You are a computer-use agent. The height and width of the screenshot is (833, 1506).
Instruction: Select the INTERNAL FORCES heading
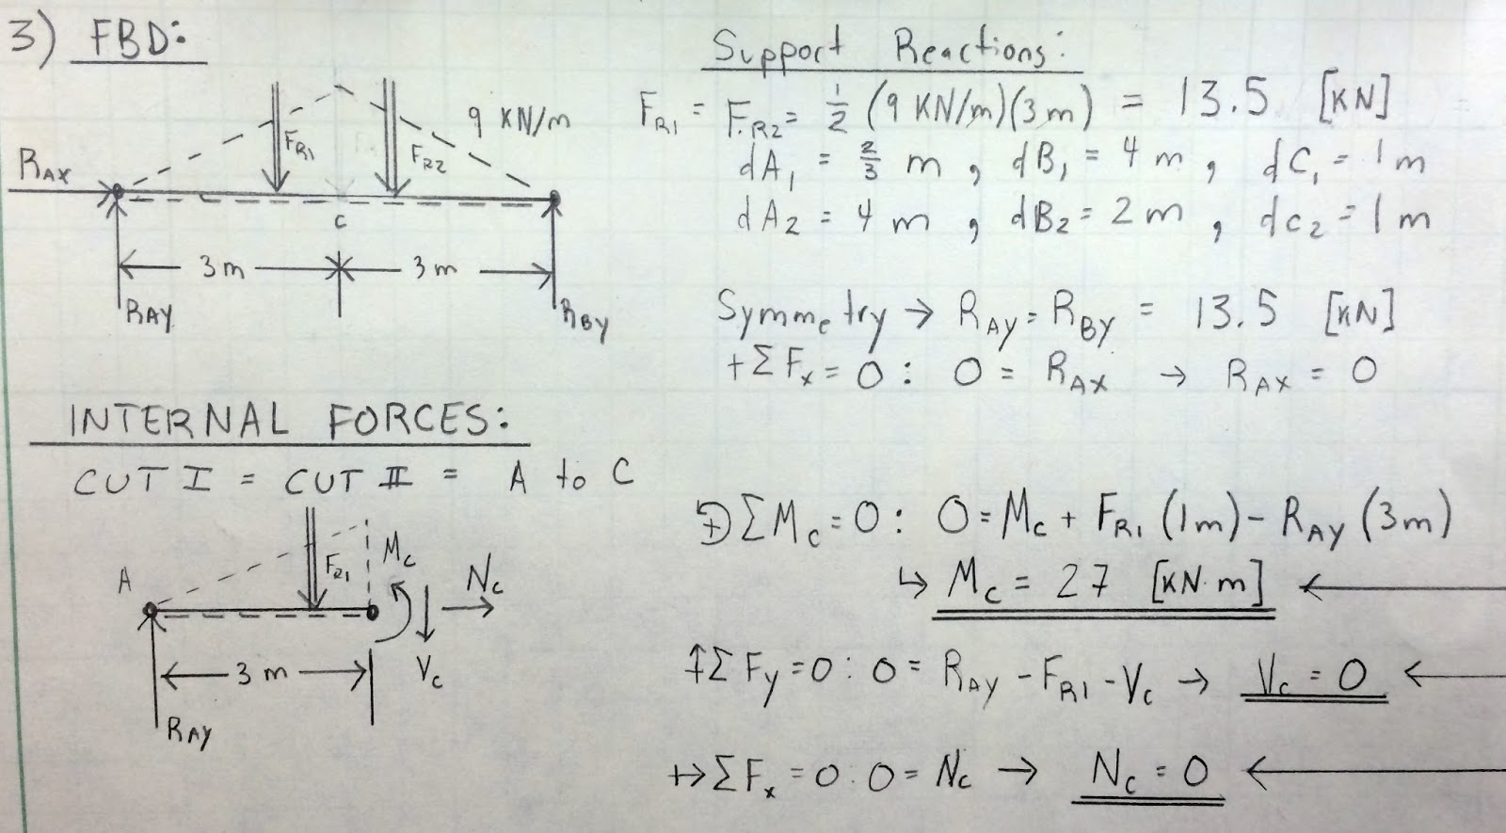click(278, 420)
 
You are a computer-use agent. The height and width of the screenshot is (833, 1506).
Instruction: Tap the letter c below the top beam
click(341, 223)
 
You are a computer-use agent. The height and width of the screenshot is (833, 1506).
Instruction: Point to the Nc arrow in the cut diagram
click(475, 605)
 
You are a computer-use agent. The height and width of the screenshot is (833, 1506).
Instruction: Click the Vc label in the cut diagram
click(427, 670)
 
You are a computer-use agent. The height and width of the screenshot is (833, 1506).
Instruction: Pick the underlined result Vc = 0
click(1312, 679)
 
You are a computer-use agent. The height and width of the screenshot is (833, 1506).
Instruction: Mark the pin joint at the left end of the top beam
click(117, 193)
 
